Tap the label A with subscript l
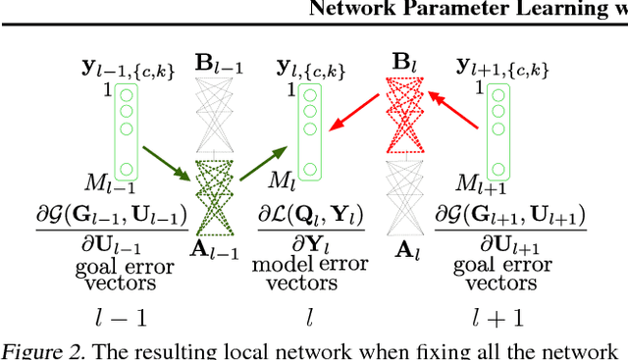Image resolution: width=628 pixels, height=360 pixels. [404, 250]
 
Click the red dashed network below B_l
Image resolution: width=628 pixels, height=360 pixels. [404, 118]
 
